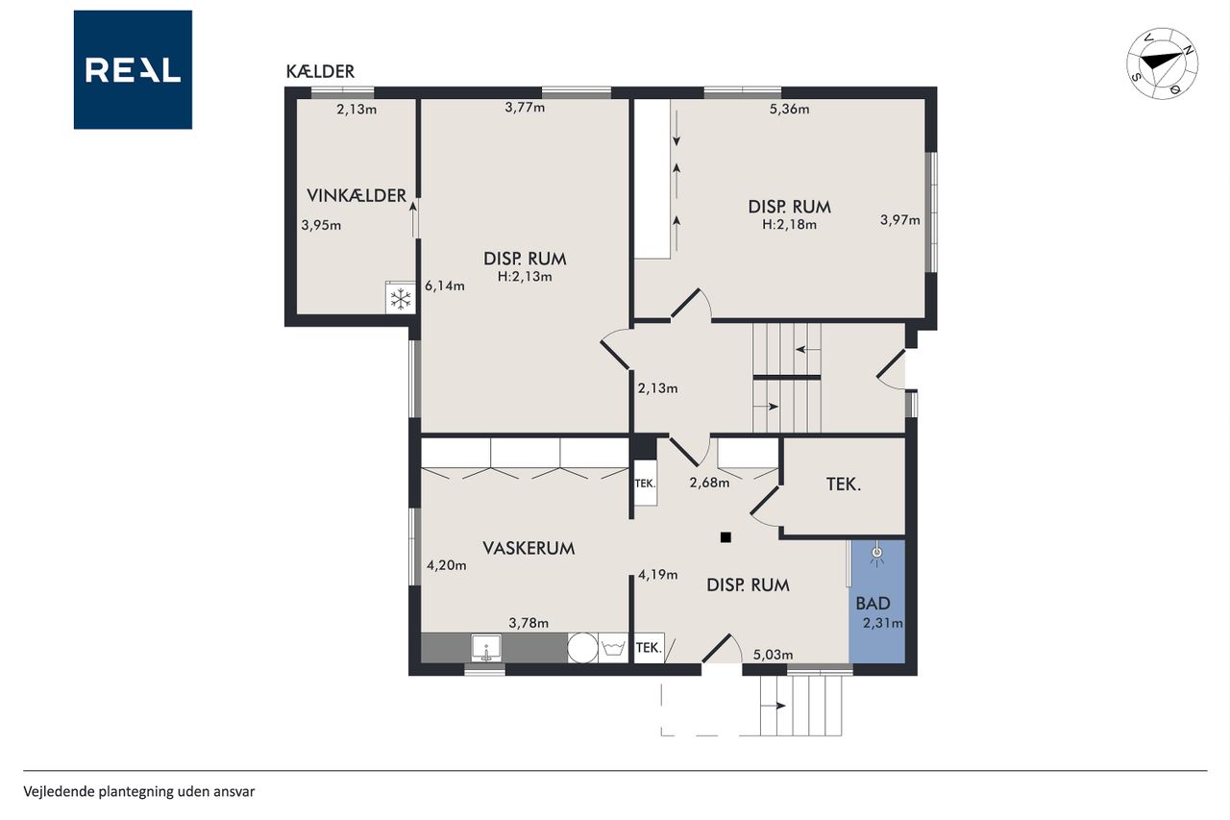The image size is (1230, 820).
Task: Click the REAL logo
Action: tap(133, 70)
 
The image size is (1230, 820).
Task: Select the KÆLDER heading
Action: tap(320, 71)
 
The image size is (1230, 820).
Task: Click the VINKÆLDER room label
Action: tap(356, 195)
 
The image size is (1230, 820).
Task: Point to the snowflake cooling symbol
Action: tap(401, 299)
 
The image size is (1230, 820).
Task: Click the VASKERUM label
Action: tap(529, 548)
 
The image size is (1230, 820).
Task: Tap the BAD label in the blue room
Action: tap(873, 604)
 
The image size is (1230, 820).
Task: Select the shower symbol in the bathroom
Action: tap(877, 556)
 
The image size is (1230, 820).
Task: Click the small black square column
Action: tap(726, 537)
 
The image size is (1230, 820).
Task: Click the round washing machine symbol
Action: tap(582, 648)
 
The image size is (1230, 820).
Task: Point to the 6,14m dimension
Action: tap(445, 286)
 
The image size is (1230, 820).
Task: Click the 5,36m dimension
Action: tap(789, 109)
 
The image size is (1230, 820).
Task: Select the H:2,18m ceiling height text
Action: tap(789, 225)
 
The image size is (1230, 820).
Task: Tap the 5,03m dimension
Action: tap(773, 655)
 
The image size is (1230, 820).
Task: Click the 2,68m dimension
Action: tap(709, 483)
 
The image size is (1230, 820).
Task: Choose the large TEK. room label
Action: tap(844, 484)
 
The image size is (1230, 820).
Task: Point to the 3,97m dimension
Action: tap(900, 220)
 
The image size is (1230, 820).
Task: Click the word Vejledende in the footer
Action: tap(59, 791)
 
